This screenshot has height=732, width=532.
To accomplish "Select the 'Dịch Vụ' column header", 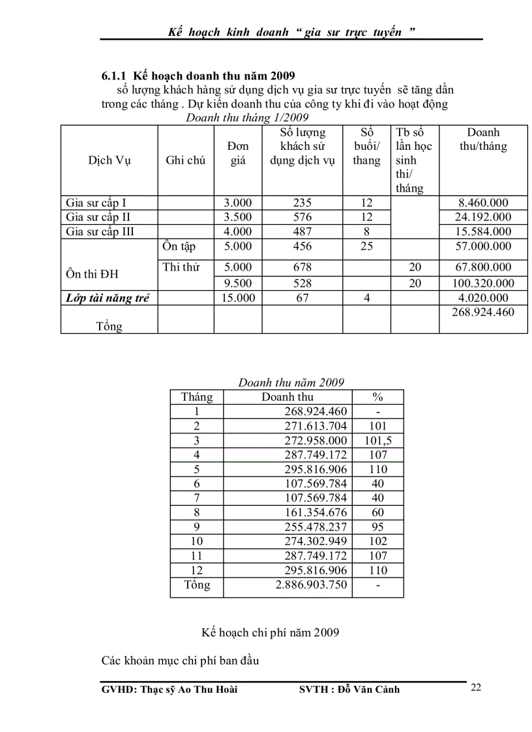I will pyautogui.click(x=110, y=160).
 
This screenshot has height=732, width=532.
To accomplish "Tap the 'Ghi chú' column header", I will pyautogui.click(x=186, y=160).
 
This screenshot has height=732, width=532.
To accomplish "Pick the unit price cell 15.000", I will pyautogui.click(x=238, y=298).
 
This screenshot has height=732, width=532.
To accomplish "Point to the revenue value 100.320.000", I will pyautogui.click(x=483, y=284).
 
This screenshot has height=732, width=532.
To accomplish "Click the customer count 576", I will pyautogui.click(x=303, y=217).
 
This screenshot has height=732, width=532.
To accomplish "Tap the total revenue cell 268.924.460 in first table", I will pyautogui.click(x=483, y=312).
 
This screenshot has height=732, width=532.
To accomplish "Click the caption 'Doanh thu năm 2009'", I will pyautogui.click(x=291, y=383).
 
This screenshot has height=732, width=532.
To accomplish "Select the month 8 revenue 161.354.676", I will pyautogui.click(x=316, y=512).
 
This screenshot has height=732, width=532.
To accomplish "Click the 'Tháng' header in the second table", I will pyautogui.click(x=197, y=397).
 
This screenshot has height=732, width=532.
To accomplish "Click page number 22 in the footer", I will pyautogui.click(x=476, y=687).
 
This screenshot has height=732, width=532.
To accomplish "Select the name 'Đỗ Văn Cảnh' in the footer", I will pyautogui.click(x=369, y=690).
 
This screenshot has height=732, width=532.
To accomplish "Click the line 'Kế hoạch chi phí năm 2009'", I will pyautogui.click(x=271, y=632).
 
